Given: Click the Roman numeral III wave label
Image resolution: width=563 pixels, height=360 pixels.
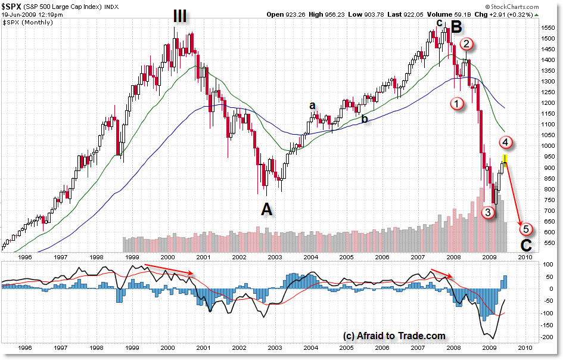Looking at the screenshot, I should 180,16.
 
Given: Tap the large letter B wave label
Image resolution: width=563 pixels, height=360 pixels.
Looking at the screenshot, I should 456,27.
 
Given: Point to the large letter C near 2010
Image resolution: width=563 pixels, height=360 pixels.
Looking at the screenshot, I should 526,245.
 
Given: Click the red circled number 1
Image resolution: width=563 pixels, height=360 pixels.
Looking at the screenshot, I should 457,103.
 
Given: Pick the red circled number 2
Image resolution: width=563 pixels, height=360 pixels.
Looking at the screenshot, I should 466,44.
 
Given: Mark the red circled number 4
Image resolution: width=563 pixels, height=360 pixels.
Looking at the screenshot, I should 505,142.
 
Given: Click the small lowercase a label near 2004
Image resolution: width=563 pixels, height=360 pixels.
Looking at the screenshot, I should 312,105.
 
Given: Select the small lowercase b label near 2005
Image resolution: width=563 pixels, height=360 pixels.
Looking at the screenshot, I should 363,119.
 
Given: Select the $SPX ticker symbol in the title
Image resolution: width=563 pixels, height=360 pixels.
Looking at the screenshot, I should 13,6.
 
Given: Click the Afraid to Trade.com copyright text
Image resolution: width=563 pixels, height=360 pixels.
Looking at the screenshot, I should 394,336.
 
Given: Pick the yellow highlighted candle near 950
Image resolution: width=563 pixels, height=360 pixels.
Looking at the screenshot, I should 505,159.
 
